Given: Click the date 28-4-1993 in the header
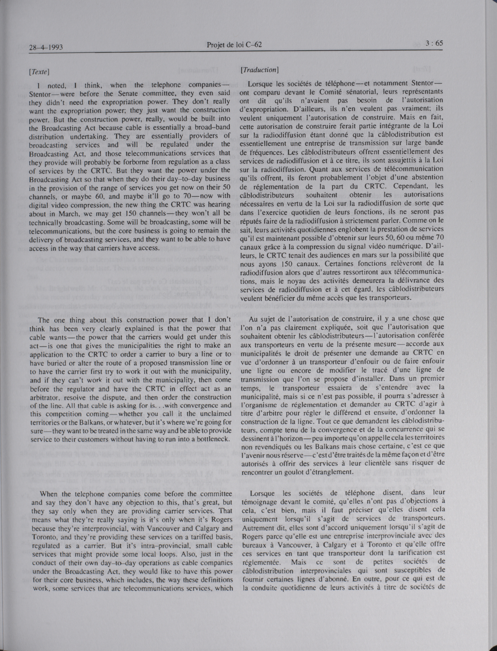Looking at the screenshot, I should pos(46,47).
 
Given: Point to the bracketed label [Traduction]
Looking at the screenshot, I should pos(259,70).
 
